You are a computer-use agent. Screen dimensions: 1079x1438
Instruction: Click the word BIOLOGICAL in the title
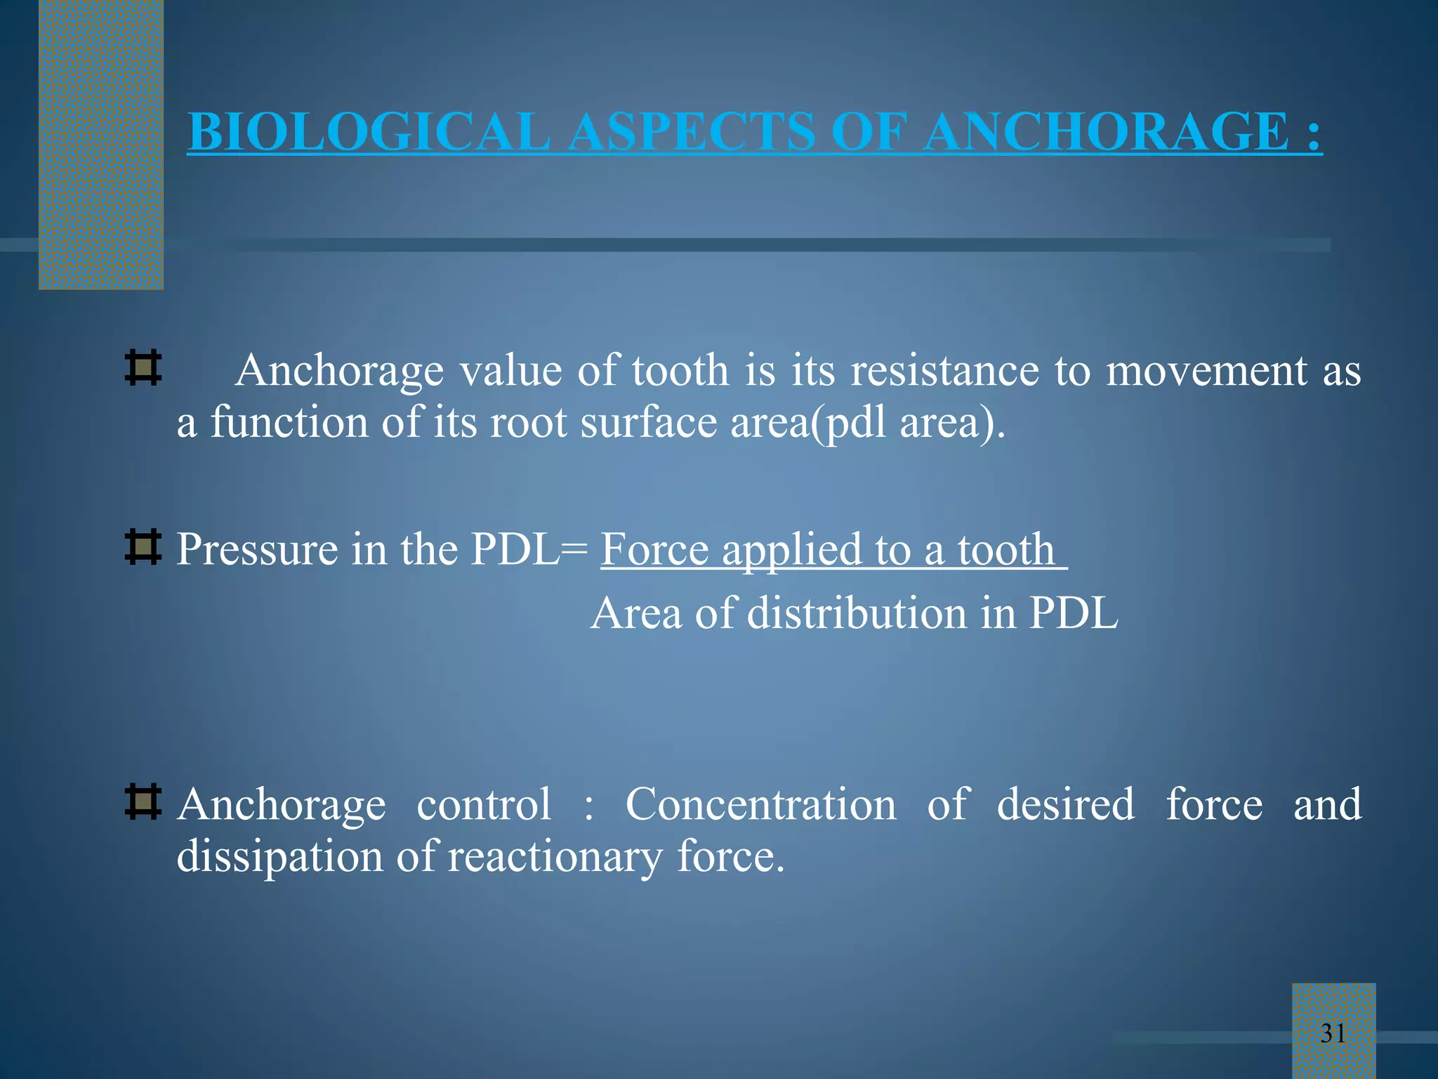(369, 132)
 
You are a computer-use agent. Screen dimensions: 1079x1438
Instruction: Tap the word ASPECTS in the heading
(692, 132)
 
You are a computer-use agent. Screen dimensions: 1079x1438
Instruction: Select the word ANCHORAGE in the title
(1106, 132)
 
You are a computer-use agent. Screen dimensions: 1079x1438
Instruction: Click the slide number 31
(1333, 1033)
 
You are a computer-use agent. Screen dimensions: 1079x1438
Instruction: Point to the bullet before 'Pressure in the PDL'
(143, 548)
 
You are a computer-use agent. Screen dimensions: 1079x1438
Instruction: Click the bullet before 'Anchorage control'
(143, 803)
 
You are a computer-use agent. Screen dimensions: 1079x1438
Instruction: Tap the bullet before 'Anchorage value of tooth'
(143, 368)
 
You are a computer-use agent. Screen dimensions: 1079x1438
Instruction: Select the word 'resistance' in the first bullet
(944, 370)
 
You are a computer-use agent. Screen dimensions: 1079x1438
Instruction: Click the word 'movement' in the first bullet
(1206, 370)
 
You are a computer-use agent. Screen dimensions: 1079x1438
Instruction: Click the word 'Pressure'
(256, 549)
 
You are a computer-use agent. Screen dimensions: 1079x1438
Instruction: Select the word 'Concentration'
(760, 804)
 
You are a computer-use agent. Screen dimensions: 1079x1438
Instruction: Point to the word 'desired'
(1065, 804)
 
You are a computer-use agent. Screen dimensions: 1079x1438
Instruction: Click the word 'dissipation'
(279, 857)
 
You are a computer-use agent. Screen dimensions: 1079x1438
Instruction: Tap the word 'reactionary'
(555, 857)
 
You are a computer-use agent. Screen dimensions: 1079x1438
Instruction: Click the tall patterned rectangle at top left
(101, 144)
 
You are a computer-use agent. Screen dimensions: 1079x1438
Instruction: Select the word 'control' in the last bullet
(484, 804)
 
